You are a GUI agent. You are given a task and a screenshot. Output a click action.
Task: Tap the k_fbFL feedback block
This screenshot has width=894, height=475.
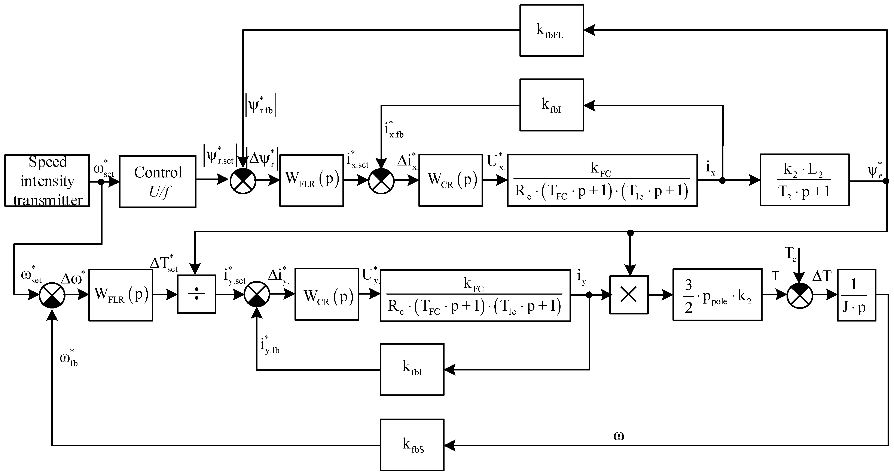click(x=552, y=31)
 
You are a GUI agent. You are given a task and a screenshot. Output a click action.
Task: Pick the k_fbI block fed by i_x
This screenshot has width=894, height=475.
click(x=552, y=105)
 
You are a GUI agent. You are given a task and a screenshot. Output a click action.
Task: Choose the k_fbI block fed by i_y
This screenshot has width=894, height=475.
click(x=412, y=369)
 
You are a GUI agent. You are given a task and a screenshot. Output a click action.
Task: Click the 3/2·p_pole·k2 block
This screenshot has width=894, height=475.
click(x=717, y=294)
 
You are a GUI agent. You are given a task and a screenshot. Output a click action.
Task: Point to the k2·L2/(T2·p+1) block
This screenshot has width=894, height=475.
click(x=805, y=180)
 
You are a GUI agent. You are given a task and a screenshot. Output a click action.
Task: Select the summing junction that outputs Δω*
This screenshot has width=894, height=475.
click(x=52, y=295)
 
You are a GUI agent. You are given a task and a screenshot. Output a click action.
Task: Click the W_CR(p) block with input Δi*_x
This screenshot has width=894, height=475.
click(x=451, y=180)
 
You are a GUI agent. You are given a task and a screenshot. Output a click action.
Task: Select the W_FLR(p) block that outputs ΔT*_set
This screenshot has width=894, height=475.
click(x=121, y=295)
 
